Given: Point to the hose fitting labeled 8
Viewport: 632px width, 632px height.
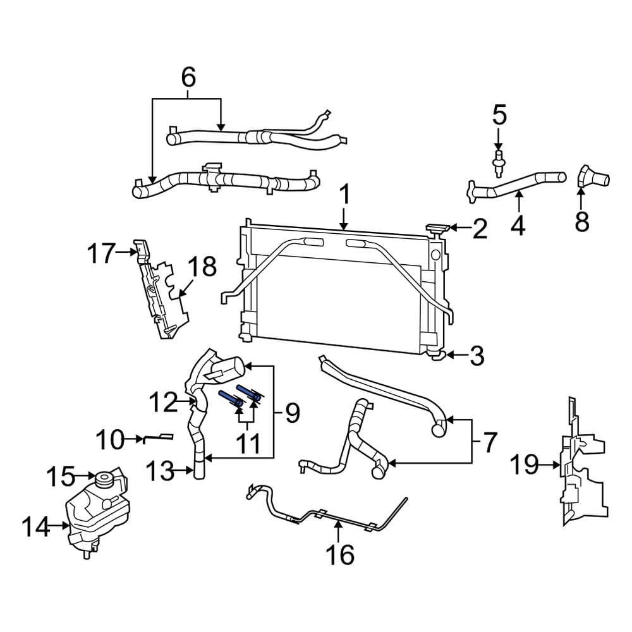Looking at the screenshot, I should pos(593,176).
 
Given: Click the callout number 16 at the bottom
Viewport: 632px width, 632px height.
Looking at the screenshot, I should pos(339,555).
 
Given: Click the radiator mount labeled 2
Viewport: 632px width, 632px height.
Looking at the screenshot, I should pos(439,229).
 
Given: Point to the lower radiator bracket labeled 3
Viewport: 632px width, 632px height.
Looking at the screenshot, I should pos(437,356).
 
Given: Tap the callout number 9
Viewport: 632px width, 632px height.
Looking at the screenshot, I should pos(291,414).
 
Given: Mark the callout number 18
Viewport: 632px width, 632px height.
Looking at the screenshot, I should pos(201,267).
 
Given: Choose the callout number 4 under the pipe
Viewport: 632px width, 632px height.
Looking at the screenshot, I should pos(518,225).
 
